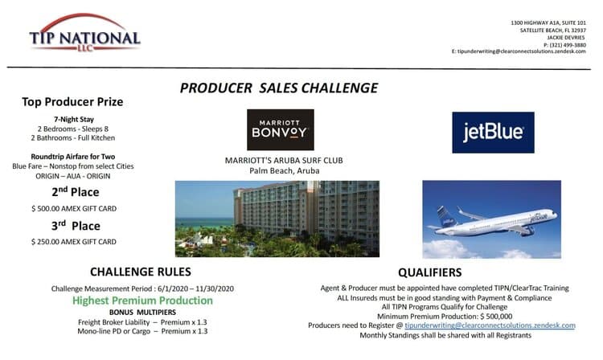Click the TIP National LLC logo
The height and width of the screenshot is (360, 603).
pyautogui.click(x=85, y=33)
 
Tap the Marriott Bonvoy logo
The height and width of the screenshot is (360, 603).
pyautogui.click(x=281, y=130)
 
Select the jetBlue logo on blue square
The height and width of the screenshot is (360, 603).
pyautogui.click(x=493, y=133)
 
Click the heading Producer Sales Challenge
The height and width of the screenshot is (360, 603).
pyautogui.click(x=279, y=88)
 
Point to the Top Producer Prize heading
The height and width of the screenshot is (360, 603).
pyautogui.click(x=72, y=102)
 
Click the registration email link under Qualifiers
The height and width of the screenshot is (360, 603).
pyautogui.click(x=490, y=325)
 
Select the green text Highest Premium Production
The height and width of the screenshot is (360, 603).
pyautogui.click(x=142, y=301)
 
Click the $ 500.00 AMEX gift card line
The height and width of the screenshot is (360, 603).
pyautogui.click(x=74, y=209)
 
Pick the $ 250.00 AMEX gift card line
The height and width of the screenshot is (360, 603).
pyautogui.click(x=74, y=242)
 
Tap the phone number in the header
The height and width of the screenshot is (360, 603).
pyautogui.click(x=564, y=45)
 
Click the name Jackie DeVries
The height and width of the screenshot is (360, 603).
pyautogui.click(x=566, y=38)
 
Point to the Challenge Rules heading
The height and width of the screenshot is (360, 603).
pyautogui.click(x=141, y=272)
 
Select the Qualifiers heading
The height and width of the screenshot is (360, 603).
pyautogui.click(x=429, y=272)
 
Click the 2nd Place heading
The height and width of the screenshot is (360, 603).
pyautogui.click(x=76, y=192)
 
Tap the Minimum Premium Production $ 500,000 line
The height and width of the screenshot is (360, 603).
pyautogui.click(x=445, y=317)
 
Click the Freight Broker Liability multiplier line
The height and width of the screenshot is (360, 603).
pyautogui.click(x=142, y=322)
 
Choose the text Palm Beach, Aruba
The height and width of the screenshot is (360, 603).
pyautogui.click(x=284, y=171)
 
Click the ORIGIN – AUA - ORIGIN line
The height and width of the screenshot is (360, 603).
pyautogui.click(x=73, y=176)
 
